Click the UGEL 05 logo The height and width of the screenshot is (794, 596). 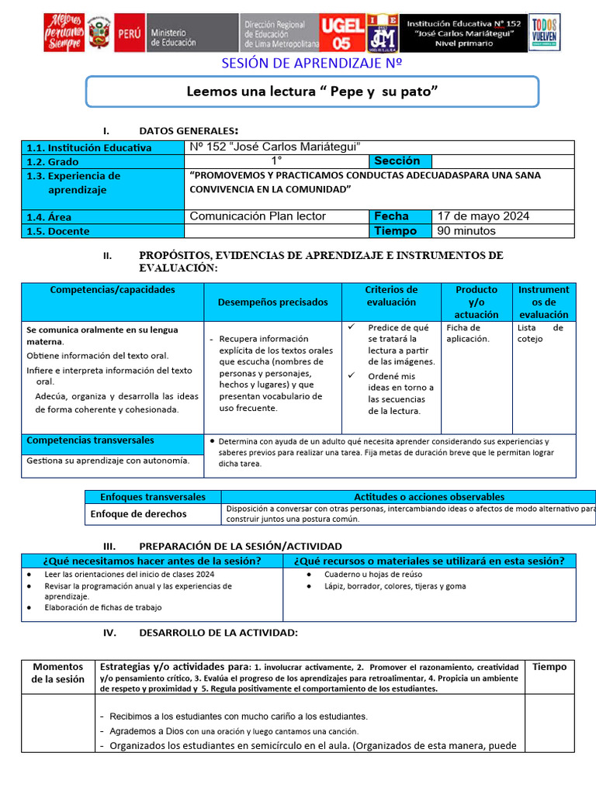coord(341,33)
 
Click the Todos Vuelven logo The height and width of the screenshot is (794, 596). coord(543,33)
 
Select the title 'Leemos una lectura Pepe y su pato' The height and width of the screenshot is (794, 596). coord(312,91)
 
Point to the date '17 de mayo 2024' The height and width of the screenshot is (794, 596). coord(483,216)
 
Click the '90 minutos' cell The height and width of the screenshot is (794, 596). coord(466,231)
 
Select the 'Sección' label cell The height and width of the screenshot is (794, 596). coord(397,161)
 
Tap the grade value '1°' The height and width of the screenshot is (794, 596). coord(276,161)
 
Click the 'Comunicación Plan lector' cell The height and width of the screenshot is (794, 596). coord(258,216)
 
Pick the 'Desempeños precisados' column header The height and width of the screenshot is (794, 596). coord(272,302)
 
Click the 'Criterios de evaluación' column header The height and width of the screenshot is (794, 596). coord(391,295)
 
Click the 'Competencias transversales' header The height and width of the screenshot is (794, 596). coord(90,440)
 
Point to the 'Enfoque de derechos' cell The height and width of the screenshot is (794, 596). coord(138,513)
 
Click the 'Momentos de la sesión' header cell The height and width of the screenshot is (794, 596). coord(58,673)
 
